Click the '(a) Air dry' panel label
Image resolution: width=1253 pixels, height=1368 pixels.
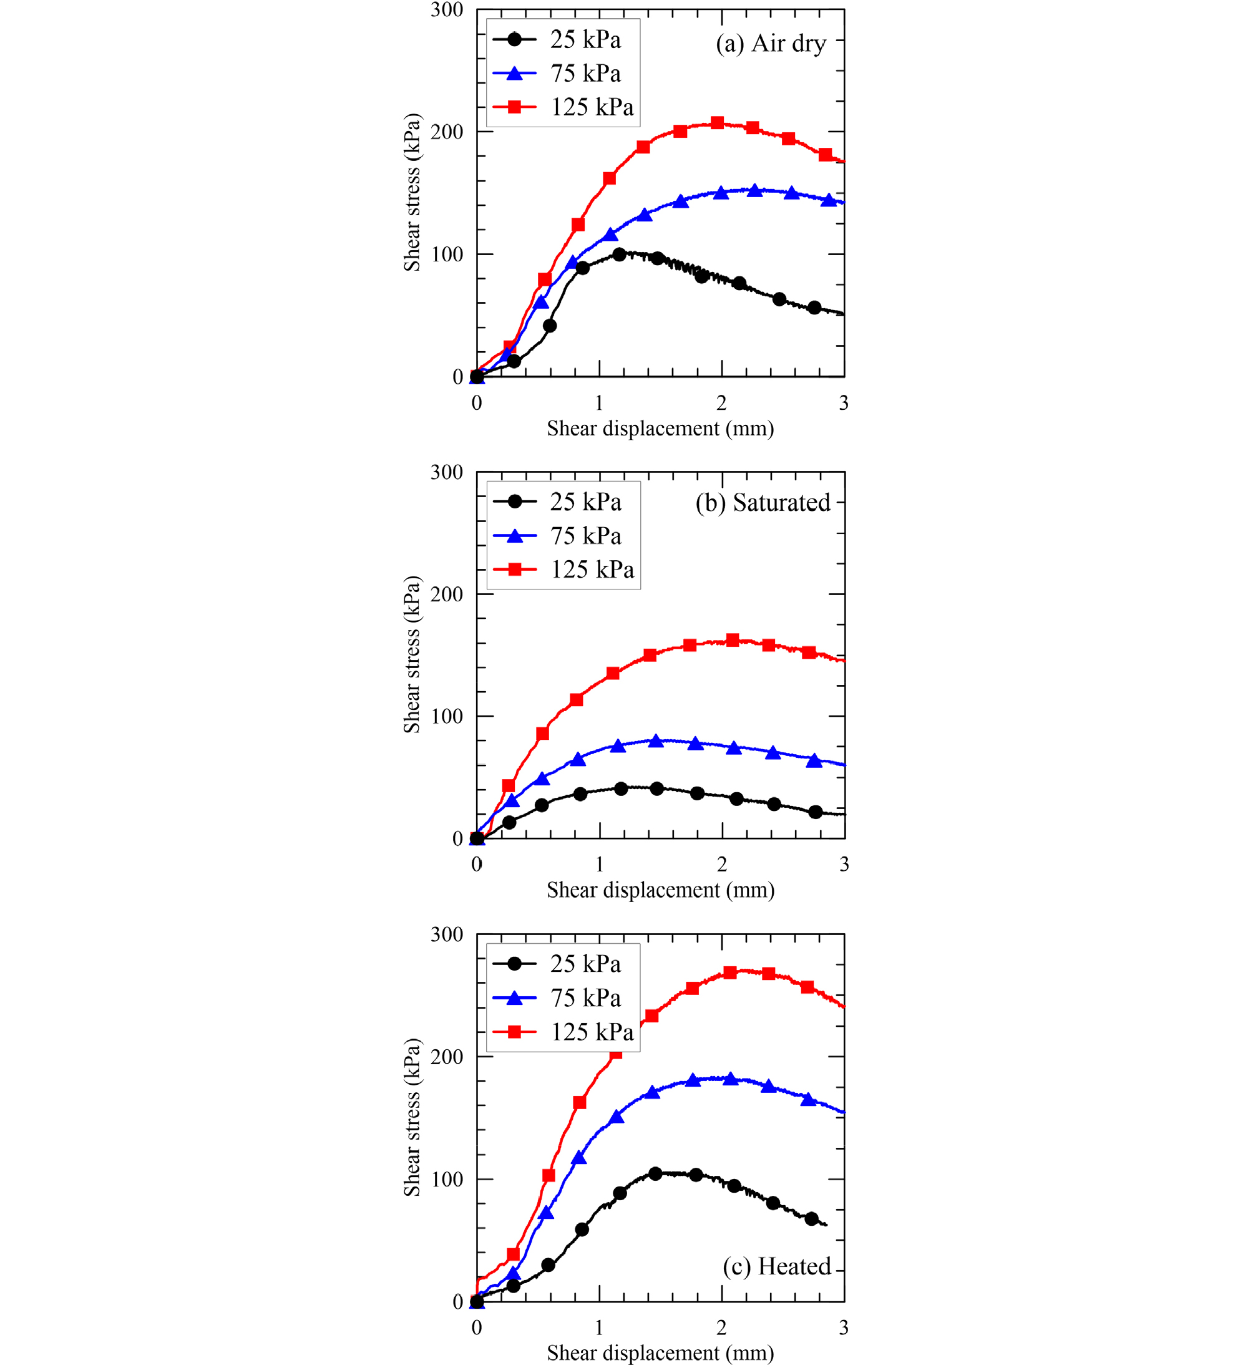771,44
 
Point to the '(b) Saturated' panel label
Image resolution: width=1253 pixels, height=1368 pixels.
763,503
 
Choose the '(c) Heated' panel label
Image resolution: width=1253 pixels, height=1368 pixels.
776,1266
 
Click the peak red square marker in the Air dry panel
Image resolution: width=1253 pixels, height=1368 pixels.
718,123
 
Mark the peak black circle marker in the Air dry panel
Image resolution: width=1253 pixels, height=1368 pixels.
619,255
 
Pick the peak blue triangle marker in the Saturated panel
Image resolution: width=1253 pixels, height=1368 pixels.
656,741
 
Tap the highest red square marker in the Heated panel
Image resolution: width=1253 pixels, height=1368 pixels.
729,973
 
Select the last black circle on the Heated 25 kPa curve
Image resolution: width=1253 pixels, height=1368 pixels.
811,1219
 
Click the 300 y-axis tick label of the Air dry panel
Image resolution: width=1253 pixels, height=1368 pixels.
447,10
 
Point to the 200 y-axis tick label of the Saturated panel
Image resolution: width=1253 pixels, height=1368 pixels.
447,594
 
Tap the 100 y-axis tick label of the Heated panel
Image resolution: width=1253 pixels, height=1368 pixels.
447,1180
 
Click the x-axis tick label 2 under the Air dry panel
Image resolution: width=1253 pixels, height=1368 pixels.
721,403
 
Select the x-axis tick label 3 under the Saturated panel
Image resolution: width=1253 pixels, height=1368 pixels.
844,865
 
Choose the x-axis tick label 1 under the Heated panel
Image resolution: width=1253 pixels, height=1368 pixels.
598,1327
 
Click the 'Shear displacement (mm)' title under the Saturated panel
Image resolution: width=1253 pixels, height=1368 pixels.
660,890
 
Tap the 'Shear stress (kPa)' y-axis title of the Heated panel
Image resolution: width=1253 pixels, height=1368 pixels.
412,1117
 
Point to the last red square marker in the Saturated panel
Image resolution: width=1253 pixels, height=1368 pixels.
809,652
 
